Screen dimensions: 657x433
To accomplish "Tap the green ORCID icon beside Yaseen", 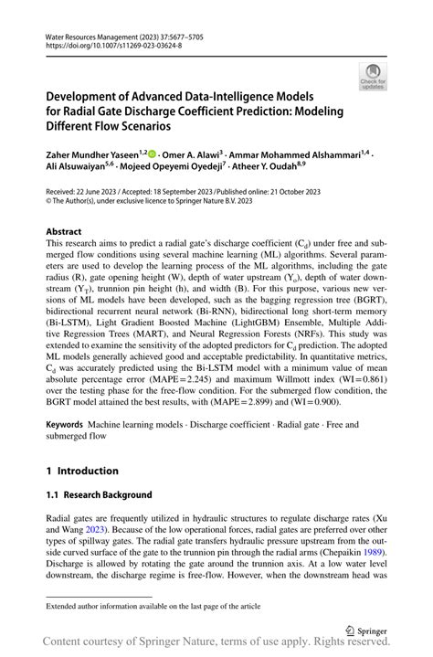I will click(151, 155).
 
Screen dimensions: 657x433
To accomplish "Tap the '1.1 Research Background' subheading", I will click(99, 494).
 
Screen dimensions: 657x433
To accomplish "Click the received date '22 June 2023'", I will click(99, 192).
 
